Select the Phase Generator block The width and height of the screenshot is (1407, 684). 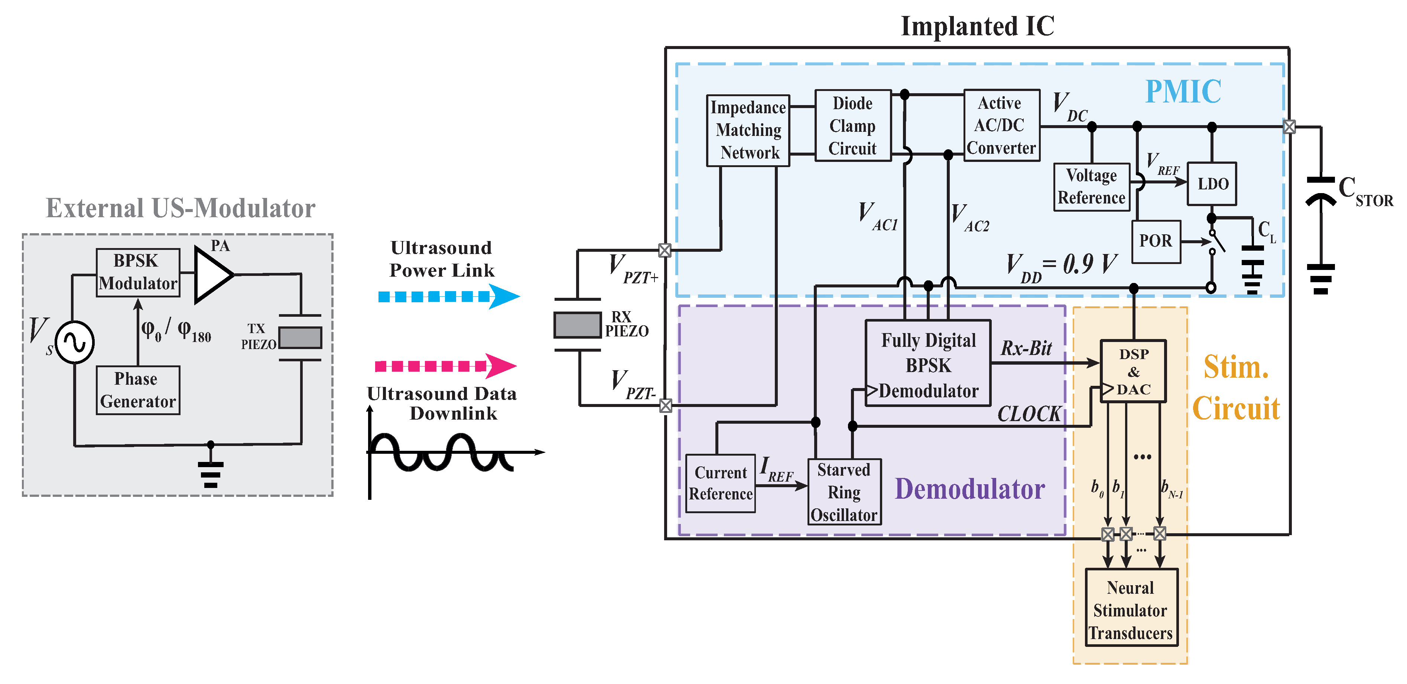(x=138, y=390)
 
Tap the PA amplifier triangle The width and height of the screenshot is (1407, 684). (x=212, y=274)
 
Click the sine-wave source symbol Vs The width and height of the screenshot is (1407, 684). (x=75, y=342)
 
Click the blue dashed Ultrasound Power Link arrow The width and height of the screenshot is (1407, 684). (x=448, y=296)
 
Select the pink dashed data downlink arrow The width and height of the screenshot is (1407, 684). (x=445, y=366)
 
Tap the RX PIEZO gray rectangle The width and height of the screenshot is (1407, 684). (x=577, y=325)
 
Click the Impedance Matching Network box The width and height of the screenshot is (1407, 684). (x=748, y=130)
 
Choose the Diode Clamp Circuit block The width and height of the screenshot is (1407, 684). (x=852, y=126)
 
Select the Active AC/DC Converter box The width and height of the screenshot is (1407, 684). (x=1001, y=126)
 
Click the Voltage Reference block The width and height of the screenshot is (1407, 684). (x=1091, y=187)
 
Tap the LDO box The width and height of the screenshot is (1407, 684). (x=1212, y=184)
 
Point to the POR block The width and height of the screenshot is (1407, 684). (x=1156, y=241)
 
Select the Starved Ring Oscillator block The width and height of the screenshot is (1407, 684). (x=844, y=492)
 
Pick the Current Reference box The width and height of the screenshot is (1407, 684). (x=721, y=483)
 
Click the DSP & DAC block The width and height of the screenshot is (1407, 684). (x=1133, y=371)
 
